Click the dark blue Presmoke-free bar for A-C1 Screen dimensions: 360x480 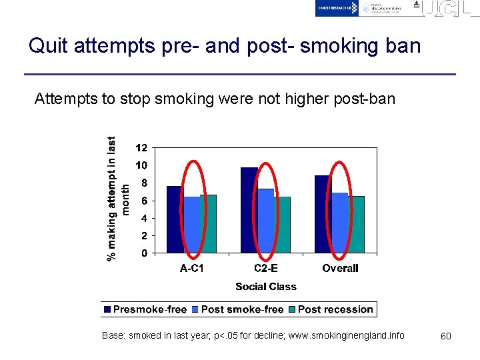point(175,219)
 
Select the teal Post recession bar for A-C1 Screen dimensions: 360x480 point(208,224)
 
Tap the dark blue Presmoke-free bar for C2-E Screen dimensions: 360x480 point(249,210)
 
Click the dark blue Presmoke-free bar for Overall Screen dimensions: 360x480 point(323,214)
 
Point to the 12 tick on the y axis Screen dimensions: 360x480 point(141,148)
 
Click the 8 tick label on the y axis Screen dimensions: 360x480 point(143,183)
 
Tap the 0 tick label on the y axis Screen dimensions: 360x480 point(144,253)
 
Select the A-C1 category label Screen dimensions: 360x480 point(192,269)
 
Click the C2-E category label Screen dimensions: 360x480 point(266,269)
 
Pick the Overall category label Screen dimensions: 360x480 point(340,269)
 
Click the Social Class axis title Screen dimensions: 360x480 point(265,287)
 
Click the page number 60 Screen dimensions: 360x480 point(446,336)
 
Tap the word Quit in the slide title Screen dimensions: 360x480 point(49,46)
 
